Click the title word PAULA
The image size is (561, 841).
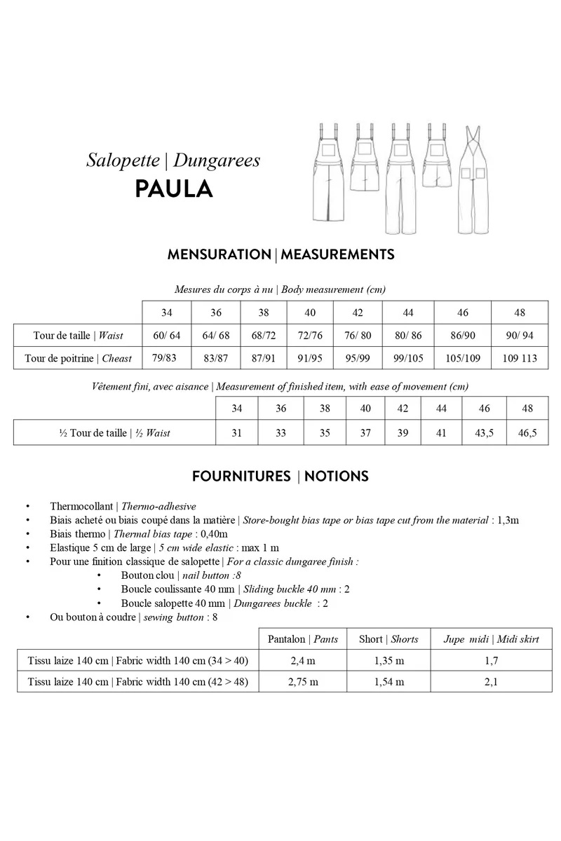tap(173, 189)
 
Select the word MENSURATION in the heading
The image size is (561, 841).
tap(219, 254)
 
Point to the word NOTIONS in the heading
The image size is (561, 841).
tap(335, 477)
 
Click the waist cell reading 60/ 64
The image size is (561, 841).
tap(166, 336)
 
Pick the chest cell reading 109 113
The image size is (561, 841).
tap(520, 358)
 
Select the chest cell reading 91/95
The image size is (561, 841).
tap(309, 358)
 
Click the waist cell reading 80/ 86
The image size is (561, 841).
tap(408, 336)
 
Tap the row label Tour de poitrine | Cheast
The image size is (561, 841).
tap(78, 358)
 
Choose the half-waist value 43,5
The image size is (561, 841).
tap(484, 433)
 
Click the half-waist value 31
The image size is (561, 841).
tap(236, 433)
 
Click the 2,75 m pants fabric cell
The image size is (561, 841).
tap(303, 681)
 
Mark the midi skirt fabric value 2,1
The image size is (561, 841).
tap(491, 681)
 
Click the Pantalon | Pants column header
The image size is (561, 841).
tap(303, 639)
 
